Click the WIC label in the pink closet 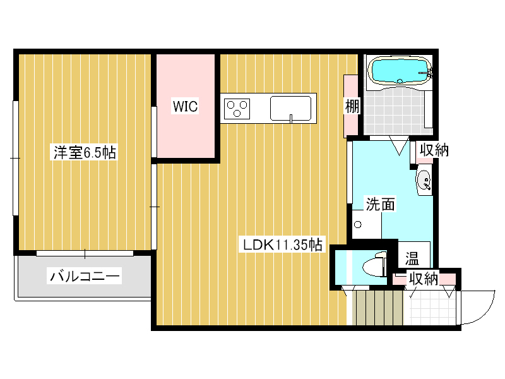[x=185, y=106]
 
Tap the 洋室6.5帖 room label [x=85, y=152]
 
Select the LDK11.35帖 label [x=282, y=244]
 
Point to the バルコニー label [x=85, y=276]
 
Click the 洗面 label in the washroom [x=380, y=204]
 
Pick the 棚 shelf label [x=352, y=106]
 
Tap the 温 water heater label [x=412, y=258]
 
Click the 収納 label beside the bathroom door [x=434, y=150]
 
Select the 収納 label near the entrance [x=423, y=279]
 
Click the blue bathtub [x=400, y=71]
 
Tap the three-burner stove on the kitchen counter [x=237, y=109]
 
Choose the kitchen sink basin [x=290, y=108]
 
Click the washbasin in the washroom [x=424, y=181]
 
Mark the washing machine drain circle [x=357, y=224]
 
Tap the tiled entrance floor [x=432, y=308]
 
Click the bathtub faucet [x=427, y=72]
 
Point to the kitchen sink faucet [x=291, y=118]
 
